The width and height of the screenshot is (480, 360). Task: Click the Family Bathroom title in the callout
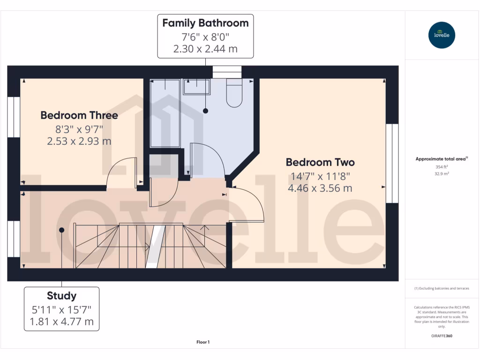tap(205, 23)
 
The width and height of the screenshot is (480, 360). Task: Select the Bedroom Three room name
tap(79, 115)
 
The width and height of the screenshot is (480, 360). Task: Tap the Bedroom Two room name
tap(320, 162)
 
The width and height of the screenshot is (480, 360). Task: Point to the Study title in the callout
tap(61, 296)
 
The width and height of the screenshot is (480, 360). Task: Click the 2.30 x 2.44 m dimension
tap(205, 48)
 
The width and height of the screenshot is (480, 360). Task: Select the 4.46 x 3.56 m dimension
tap(320, 188)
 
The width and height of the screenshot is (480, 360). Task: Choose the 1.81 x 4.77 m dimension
tap(61, 322)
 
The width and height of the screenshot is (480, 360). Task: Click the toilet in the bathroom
tap(234, 94)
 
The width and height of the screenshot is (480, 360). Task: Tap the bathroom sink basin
tap(196, 87)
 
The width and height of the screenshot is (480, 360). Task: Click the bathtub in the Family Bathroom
tap(165, 112)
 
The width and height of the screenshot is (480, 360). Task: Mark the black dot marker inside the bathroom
tap(205, 111)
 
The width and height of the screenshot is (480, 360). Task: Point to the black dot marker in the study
tap(61, 230)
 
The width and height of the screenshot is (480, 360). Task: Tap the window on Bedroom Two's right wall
tap(392, 163)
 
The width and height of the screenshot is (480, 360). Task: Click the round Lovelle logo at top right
tap(442, 35)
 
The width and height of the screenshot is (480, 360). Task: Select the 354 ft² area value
tap(442, 166)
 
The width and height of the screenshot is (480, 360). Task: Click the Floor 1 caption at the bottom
tap(203, 342)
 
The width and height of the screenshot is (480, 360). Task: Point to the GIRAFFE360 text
tap(442, 336)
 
